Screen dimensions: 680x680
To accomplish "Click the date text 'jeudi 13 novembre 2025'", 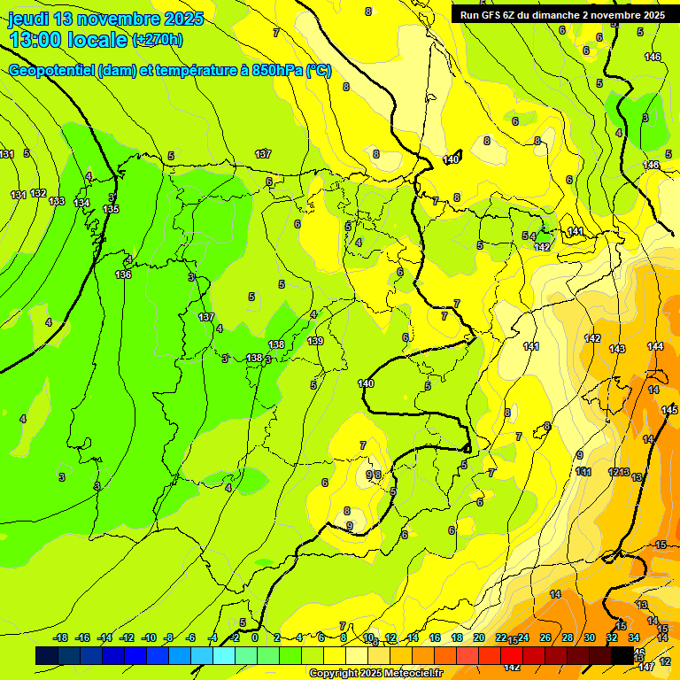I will [105, 19].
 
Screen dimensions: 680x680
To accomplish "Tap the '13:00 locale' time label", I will [68, 39].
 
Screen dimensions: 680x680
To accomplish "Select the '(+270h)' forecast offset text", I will [158, 39].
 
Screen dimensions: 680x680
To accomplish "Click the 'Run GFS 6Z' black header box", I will [562, 14].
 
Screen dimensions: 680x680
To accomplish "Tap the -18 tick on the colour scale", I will [61, 637].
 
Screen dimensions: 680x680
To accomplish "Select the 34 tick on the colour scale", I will [634, 637].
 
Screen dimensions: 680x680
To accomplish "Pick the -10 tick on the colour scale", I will [150, 637].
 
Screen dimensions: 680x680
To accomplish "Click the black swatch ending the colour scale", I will [622, 655].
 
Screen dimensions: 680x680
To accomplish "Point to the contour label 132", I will [38, 193].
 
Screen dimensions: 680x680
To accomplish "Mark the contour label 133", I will [57, 201].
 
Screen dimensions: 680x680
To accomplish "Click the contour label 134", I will [81, 203].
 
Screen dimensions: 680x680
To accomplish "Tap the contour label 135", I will [111, 209].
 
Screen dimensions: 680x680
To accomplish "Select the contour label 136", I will [123, 274].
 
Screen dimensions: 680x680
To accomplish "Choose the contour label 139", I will [315, 341].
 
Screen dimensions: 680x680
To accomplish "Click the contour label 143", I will [617, 349].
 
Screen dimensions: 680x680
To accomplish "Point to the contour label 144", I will [655, 346].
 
